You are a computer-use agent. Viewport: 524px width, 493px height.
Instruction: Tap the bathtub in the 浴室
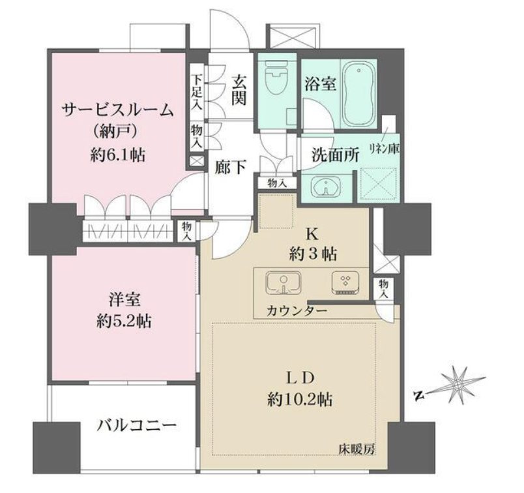coord(358,93)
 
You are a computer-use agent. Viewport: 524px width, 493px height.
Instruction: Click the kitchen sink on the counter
coord(284,283)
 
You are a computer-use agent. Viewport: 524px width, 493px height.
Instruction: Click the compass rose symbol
coord(458,385)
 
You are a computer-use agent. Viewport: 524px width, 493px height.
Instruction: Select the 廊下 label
coord(231,167)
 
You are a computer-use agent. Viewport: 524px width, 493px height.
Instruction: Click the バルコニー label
coord(137,426)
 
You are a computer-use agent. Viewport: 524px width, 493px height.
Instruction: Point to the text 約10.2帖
coord(300,399)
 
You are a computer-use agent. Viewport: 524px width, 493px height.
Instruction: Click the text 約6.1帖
coord(117,155)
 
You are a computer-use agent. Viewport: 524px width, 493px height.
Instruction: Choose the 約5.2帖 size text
coord(124,321)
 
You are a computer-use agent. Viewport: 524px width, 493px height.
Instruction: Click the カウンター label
coord(297,310)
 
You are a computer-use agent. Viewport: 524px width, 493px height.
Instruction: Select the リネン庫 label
coord(385,148)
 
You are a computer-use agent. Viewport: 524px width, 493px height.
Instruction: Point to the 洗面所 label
coord(336,155)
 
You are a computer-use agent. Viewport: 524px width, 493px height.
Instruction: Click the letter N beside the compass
coord(418,396)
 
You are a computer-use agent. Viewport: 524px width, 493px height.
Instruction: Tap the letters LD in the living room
coord(300,378)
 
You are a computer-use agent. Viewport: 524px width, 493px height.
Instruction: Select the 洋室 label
coord(124,300)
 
